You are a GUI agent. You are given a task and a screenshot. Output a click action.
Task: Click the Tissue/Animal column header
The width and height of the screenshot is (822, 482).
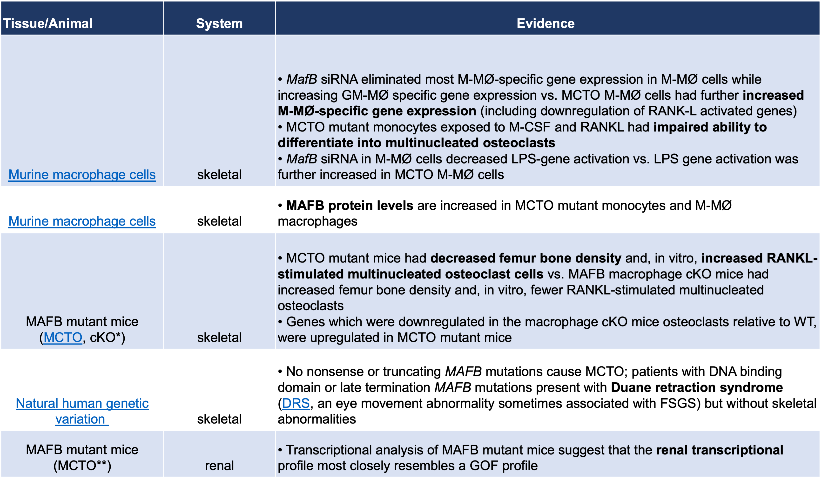[x=48, y=23]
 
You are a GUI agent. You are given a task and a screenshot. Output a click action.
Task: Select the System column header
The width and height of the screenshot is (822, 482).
[x=219, y=23]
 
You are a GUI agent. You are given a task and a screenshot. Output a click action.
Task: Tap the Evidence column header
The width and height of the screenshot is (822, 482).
[x=546, y=23]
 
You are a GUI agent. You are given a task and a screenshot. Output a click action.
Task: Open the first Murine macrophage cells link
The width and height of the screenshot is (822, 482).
[x=82, y=175]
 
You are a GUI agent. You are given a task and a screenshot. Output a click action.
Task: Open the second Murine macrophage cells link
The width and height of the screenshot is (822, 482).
[x=82, y=221]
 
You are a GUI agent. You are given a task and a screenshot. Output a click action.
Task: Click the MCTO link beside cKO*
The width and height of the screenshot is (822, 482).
[x=63, y=337]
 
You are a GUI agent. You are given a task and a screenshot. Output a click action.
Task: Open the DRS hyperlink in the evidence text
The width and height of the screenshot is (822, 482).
[x=296, y=403]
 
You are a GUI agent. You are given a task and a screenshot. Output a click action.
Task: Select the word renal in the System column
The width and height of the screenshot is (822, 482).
[x=219, y=466]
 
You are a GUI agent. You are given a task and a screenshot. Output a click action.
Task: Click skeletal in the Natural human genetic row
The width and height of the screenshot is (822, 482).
[x=219, y=419]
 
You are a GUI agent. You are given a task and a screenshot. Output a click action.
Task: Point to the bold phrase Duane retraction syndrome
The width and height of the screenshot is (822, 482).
[x=697, y=387]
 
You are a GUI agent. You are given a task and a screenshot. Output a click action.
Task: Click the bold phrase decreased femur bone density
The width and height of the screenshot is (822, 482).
[x=526, y=258]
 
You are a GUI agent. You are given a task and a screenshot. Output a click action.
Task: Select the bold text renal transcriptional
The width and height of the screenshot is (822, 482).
[x=719, y=450]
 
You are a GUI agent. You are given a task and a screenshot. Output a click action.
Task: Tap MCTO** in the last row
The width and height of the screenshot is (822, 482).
[x=82, y=466]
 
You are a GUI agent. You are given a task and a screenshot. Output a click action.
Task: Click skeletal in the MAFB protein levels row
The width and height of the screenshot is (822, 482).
[x=219, y=221]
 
